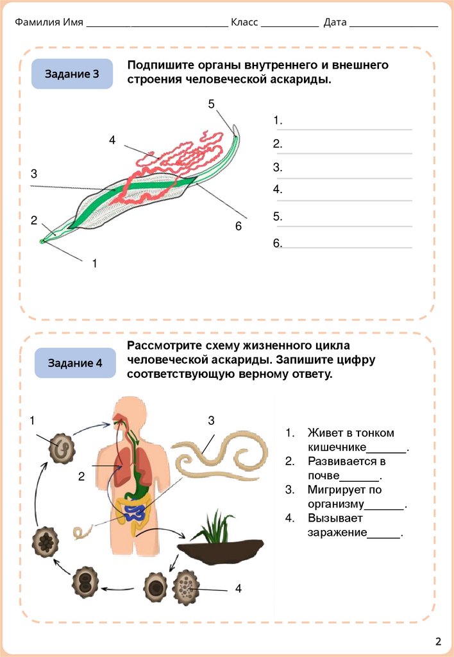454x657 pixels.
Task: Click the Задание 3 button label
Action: [72, 74]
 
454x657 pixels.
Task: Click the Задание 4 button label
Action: [75, 363]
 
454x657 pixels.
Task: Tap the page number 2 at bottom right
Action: [439, 641]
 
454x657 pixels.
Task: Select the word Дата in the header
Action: [335, 22]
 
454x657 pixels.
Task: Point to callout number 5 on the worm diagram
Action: [212, 104]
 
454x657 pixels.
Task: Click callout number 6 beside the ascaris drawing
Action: [238, 226]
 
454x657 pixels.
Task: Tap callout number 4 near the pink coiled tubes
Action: [112, 140]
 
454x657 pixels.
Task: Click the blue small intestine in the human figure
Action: [135, 512]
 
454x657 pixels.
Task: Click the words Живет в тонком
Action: [351, 433]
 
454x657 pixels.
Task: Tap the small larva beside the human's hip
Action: [82, 533]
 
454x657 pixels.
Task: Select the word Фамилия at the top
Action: [37, 22]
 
